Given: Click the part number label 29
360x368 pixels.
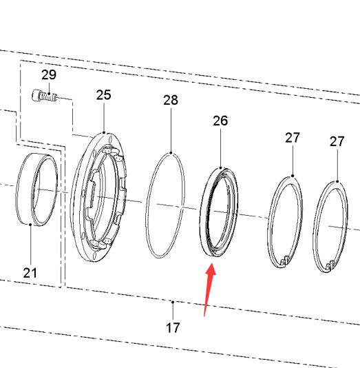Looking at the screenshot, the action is click(49, 75).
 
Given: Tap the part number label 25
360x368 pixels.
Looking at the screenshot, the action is click(103, 95).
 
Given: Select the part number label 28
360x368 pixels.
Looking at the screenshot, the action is click(171, 100).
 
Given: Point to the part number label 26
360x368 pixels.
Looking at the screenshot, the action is click(220, 121).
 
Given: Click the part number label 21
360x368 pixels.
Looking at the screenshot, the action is click(30, 273).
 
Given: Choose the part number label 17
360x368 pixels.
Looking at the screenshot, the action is click(173, 327).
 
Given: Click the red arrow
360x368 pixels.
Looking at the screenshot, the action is click(209, 289).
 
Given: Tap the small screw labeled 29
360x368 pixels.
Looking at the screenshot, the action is click(44, 96).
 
